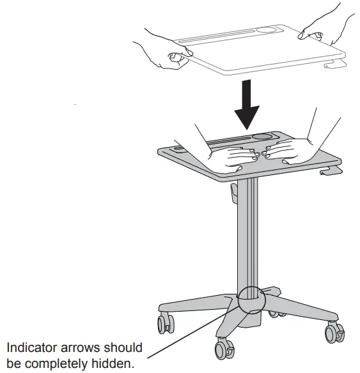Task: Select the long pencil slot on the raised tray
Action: click(x=214, y=36)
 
